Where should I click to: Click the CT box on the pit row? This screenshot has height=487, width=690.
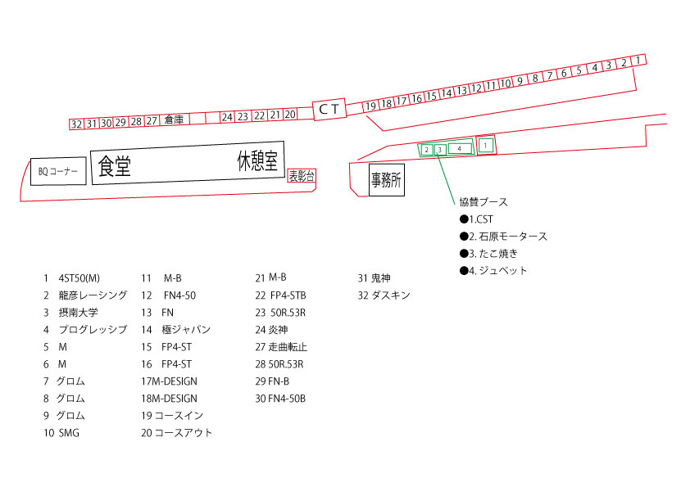329,109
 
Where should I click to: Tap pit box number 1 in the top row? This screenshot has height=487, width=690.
638,61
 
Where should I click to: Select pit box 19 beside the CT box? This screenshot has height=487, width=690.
370,106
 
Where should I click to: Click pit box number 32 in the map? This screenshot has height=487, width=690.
76,124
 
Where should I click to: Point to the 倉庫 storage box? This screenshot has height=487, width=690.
174,119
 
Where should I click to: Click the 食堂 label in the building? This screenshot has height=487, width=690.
115,166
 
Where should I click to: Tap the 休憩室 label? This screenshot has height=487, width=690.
258,161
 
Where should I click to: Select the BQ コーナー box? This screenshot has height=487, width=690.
58,171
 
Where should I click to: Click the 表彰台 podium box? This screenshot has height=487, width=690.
302,176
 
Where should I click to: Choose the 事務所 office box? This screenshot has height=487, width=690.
386,180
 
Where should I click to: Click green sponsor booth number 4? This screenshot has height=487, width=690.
460,149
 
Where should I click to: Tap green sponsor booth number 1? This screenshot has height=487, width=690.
485,145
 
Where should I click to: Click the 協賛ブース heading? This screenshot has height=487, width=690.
483,201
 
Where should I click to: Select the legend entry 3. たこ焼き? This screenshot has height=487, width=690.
488,254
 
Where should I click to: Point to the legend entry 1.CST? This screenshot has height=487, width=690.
476,219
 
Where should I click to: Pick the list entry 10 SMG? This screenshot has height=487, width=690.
61,433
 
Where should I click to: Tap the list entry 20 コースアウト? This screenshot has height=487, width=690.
176,433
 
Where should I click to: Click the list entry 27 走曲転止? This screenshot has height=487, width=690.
281,347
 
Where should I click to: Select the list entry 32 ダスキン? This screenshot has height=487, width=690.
384,295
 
